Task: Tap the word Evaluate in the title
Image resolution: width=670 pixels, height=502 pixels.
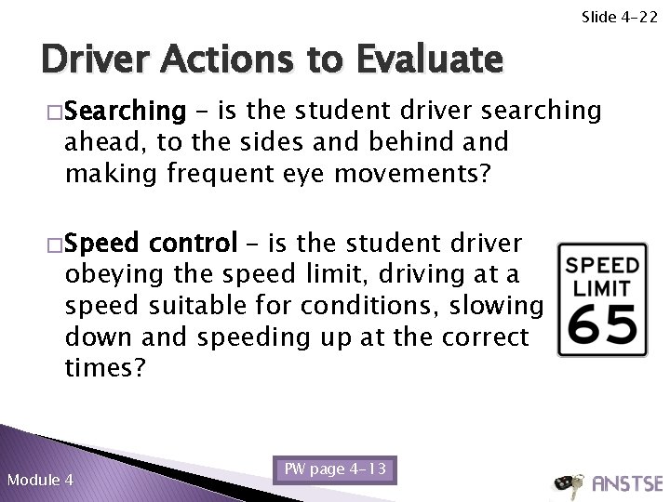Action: point(427,61)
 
